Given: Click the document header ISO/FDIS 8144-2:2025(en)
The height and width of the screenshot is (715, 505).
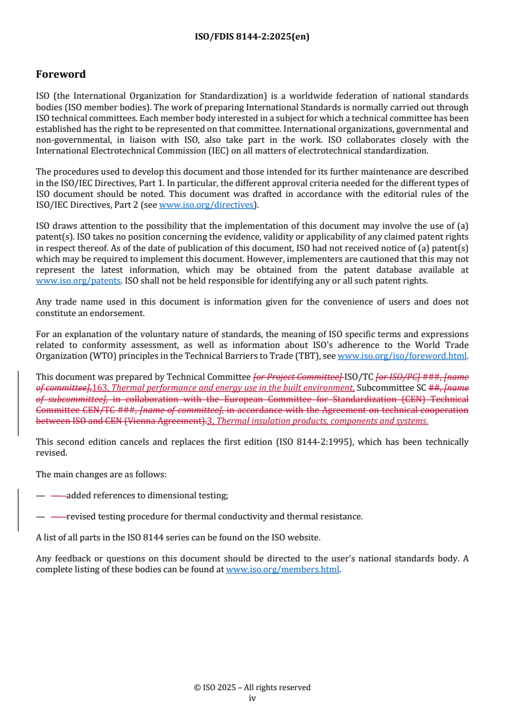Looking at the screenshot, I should pos(252,36).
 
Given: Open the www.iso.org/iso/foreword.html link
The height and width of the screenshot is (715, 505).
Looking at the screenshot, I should pos(402,356).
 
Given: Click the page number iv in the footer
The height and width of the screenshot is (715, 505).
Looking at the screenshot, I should pos(252,698).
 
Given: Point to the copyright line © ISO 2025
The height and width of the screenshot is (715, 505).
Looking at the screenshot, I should pos(252,688).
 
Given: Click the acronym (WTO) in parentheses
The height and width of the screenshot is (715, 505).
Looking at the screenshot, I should pos(89,356).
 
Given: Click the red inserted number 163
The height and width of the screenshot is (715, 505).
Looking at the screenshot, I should pos(101,388).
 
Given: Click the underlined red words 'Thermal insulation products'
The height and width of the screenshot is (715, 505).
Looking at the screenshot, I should pos(272,421).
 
